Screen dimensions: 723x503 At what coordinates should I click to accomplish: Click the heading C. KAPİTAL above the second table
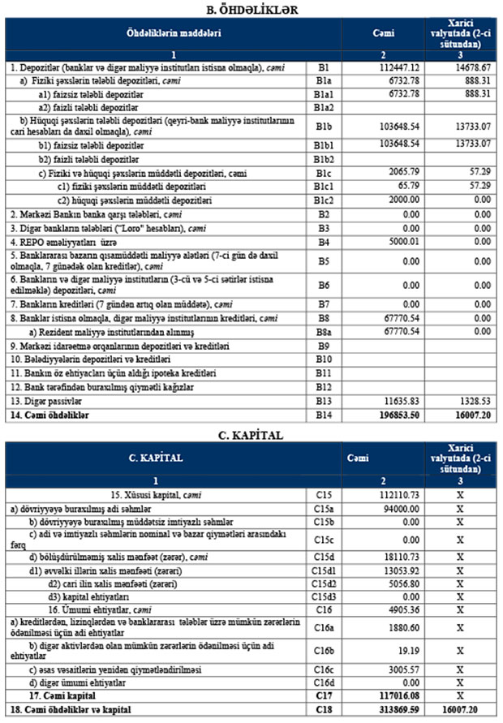click(x=251, y=435)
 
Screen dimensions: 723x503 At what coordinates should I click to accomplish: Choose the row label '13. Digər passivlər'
click(x=48, y=400)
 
